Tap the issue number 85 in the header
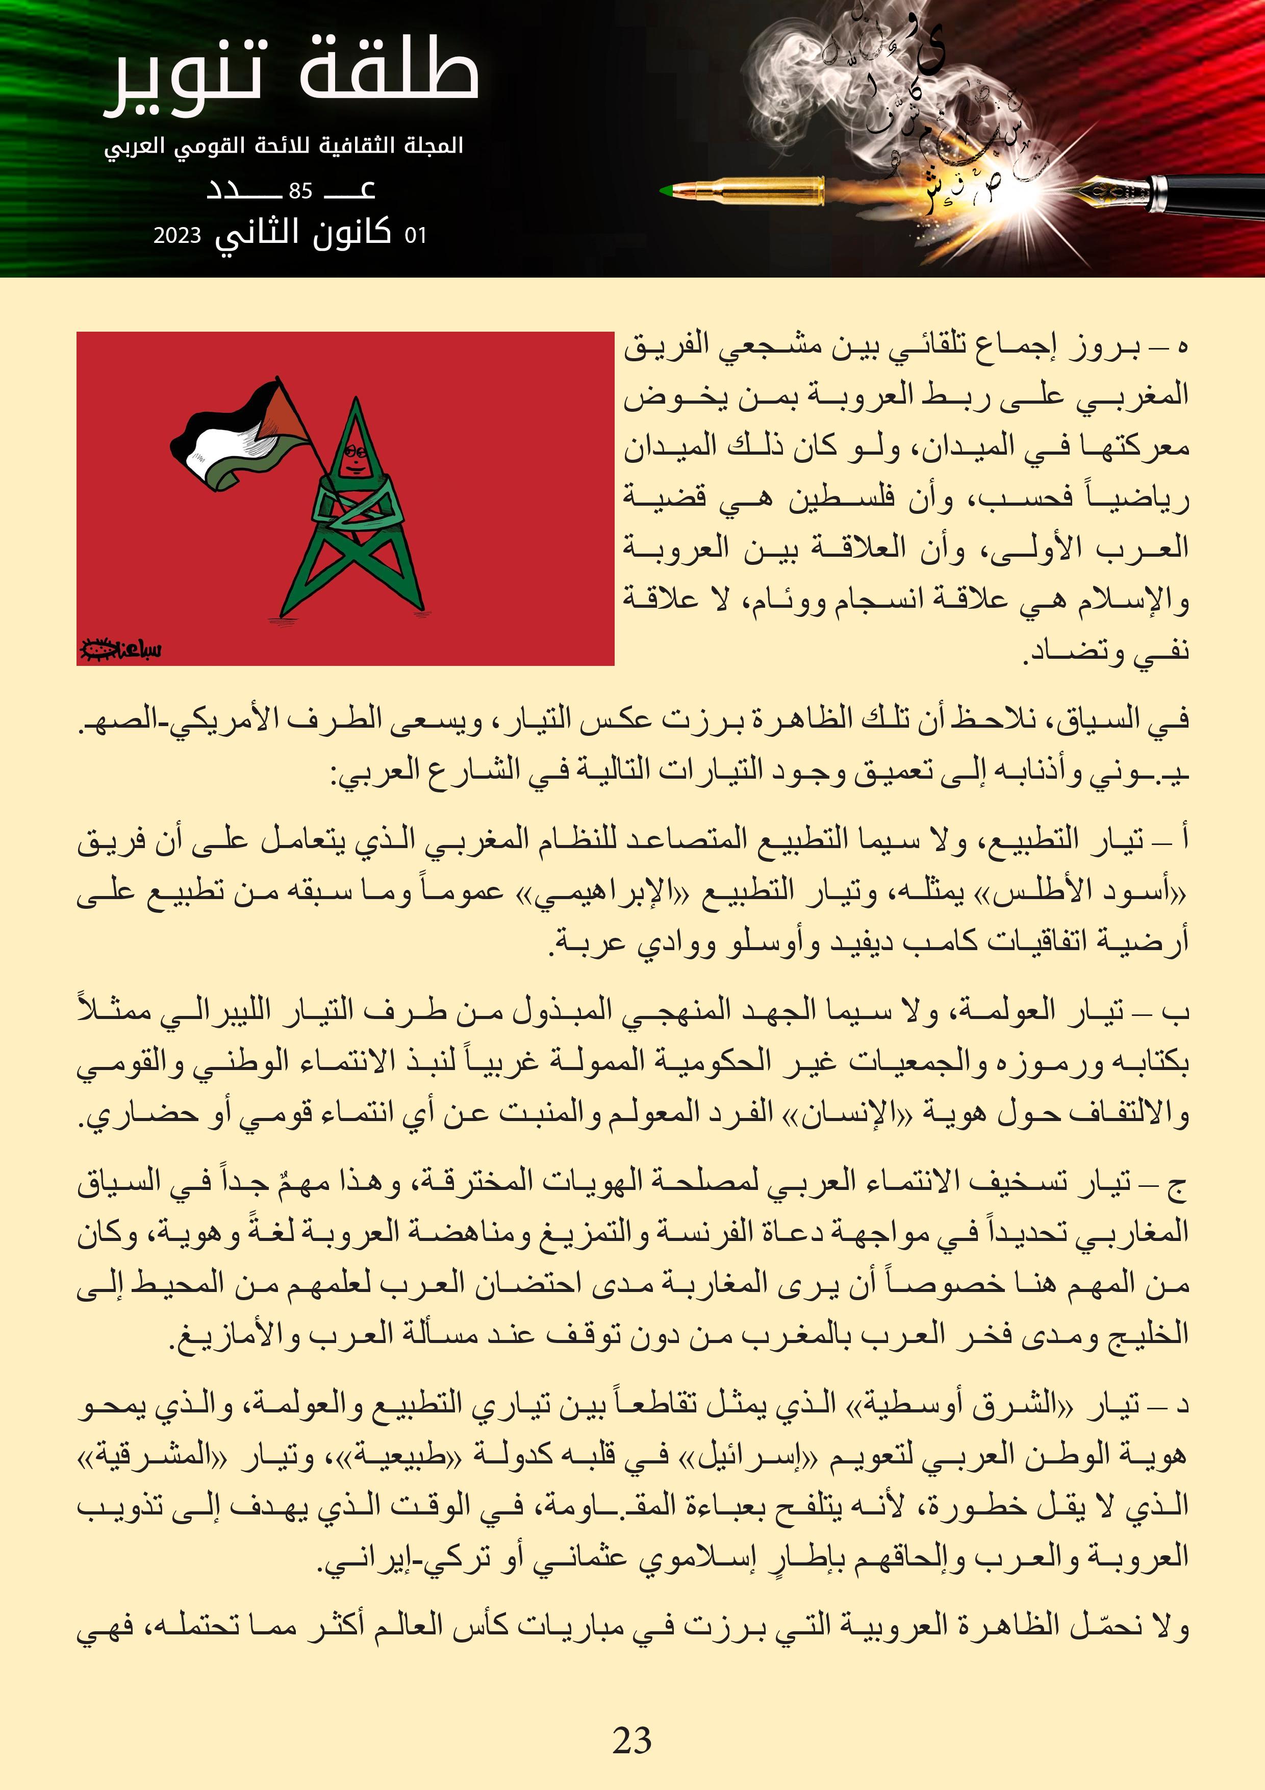300,191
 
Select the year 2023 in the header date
177,235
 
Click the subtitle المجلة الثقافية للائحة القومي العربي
284,146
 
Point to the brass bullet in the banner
744,190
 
